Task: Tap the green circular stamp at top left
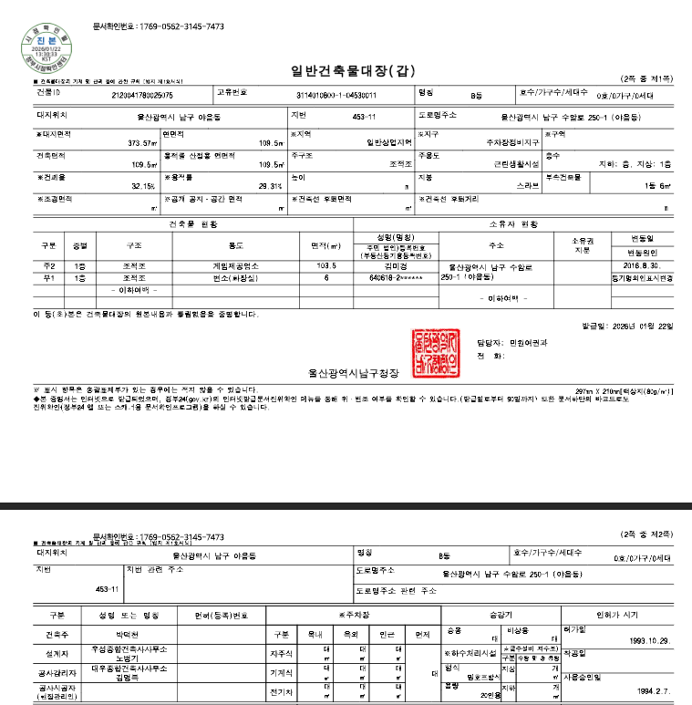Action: coord(43,49)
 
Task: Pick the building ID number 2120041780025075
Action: coord(142,94)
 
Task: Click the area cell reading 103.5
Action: coord(325,265)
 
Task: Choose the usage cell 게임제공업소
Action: coord(241,265)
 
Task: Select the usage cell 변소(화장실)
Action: coord(241,276)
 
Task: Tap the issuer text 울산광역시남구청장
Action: coord(343,372)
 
